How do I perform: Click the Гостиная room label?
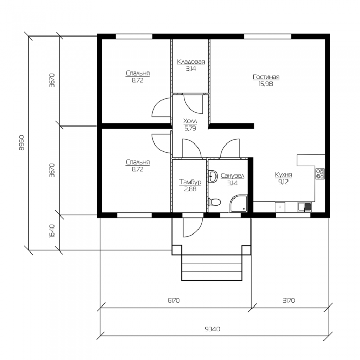266,77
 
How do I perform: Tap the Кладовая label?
191,62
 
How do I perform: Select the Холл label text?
190,121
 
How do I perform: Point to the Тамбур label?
190,182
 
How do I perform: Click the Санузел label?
232,176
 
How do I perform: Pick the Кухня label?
283,175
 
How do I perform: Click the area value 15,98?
266,84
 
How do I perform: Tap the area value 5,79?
190,129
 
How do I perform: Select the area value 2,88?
190,189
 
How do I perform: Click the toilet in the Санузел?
214,202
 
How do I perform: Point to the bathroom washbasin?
212,176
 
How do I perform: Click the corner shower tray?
239,204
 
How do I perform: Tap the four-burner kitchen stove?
320,174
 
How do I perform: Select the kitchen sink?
304,207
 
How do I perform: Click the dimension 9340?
212,329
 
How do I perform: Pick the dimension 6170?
174,300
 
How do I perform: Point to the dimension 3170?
289,300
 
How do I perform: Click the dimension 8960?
21,143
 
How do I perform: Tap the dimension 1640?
52,231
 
